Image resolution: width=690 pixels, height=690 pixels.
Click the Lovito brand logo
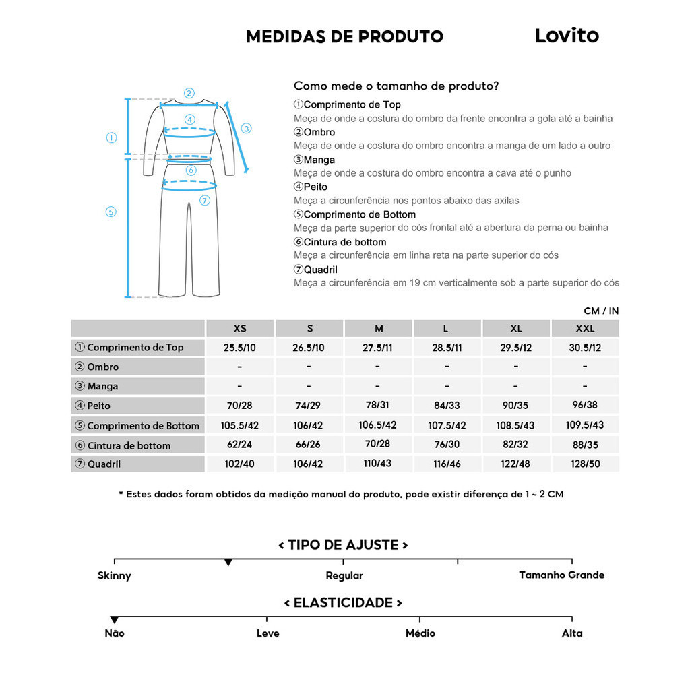tap(567, 36)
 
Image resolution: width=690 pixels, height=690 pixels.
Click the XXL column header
tap(585, 329)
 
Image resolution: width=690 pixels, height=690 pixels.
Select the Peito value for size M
tap(379, 406)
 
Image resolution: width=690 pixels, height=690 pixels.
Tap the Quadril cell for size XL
tap(515, 464)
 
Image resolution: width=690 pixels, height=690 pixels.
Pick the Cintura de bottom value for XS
tap(239, 445)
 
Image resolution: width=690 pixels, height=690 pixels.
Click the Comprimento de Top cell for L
tap(447, 347)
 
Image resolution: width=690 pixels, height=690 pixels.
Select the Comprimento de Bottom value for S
tap(309, 425)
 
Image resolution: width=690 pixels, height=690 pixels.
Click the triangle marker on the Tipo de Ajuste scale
tap(228, 563)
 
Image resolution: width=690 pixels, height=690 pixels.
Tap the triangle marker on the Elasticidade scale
tap(115, 620)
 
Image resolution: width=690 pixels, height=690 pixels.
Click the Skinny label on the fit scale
tap(115, 576)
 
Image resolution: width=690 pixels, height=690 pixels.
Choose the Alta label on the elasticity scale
tap(572, 633)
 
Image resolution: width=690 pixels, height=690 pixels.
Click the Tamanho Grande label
tap(561, 575)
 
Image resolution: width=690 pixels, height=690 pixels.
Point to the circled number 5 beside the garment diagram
tap(111, 212)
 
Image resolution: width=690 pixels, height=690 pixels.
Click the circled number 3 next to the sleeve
tap(246, 128)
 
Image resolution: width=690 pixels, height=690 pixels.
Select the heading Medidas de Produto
tap(344, 36)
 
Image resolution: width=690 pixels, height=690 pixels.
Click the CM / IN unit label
tap(601, 311)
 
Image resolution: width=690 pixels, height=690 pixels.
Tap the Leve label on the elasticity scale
tap(268, 633)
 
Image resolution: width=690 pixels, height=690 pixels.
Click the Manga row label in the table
tap(102, 387)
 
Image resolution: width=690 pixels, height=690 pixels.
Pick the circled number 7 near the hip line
tap(205, 200)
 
